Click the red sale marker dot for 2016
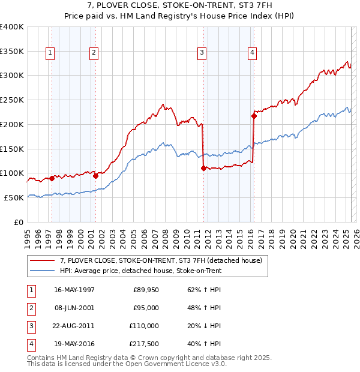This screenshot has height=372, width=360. click(x=254, y=116)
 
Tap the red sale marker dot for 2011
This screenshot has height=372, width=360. click(x=204, y=169)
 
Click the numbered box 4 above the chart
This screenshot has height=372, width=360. click(x=253, y=53)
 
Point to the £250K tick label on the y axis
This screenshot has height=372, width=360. click(x=12, y=100)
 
